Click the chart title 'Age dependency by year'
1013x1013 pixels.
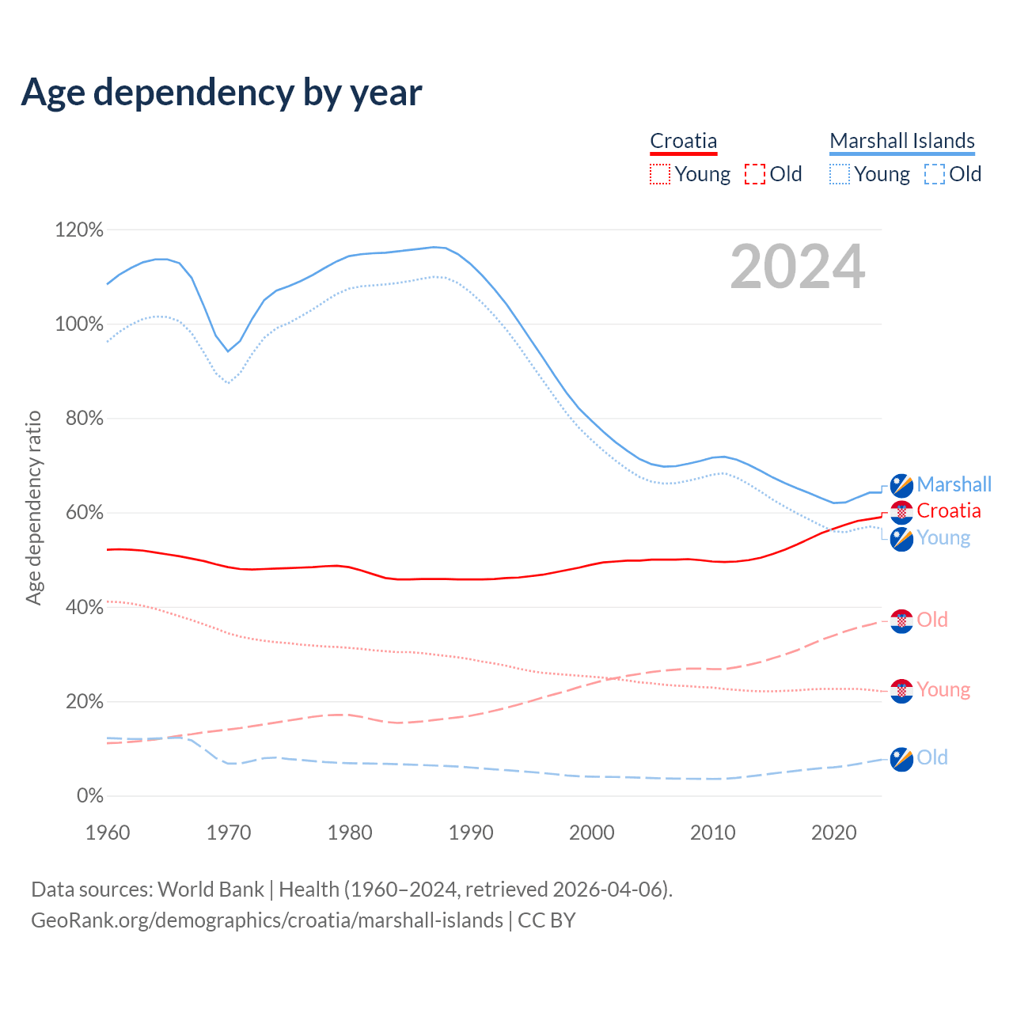click(x=222, y=93)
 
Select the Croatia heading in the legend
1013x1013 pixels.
click(x=683, y=141)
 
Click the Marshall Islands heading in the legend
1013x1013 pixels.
click(x=901, y=141)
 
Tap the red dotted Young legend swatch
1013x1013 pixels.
click(x=659, y=174)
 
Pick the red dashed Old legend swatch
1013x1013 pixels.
click(x=754, y=174)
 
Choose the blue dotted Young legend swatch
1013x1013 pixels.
click(x=839, y=174)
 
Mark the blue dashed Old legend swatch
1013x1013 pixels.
click(x=934, y=174)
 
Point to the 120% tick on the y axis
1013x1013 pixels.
click(x=79, y=230)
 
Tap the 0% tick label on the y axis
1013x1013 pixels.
click(x=89, y=796)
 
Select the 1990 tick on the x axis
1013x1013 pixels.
click(x=471, y=833)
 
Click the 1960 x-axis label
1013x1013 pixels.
click(x=108, y=833)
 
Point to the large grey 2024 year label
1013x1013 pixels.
click(x=797, y=267)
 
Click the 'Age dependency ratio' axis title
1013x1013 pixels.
click(x=33, y=507)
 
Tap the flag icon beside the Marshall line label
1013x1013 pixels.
click(x=901, y=485)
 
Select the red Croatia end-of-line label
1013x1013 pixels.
click(x=948, y=511)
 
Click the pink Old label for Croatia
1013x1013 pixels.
click(x=932, y=620)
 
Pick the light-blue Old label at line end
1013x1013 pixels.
click(x=932, y=757)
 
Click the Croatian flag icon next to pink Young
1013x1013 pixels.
click(x=901, y=690)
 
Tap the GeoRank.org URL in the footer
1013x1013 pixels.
click(x=267, y=920)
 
